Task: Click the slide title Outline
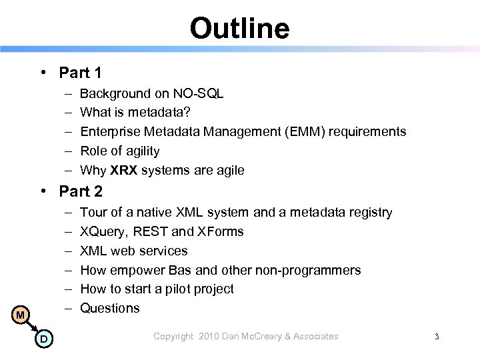coord(239,28)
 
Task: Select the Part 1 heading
coord(80,71)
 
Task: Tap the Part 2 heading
coord(80,191)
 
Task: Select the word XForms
coord(220,231)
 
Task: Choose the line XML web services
coord(133,251)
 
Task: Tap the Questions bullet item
coord(109,308)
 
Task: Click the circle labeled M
coord(20,314)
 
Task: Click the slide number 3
coord(436,337)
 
